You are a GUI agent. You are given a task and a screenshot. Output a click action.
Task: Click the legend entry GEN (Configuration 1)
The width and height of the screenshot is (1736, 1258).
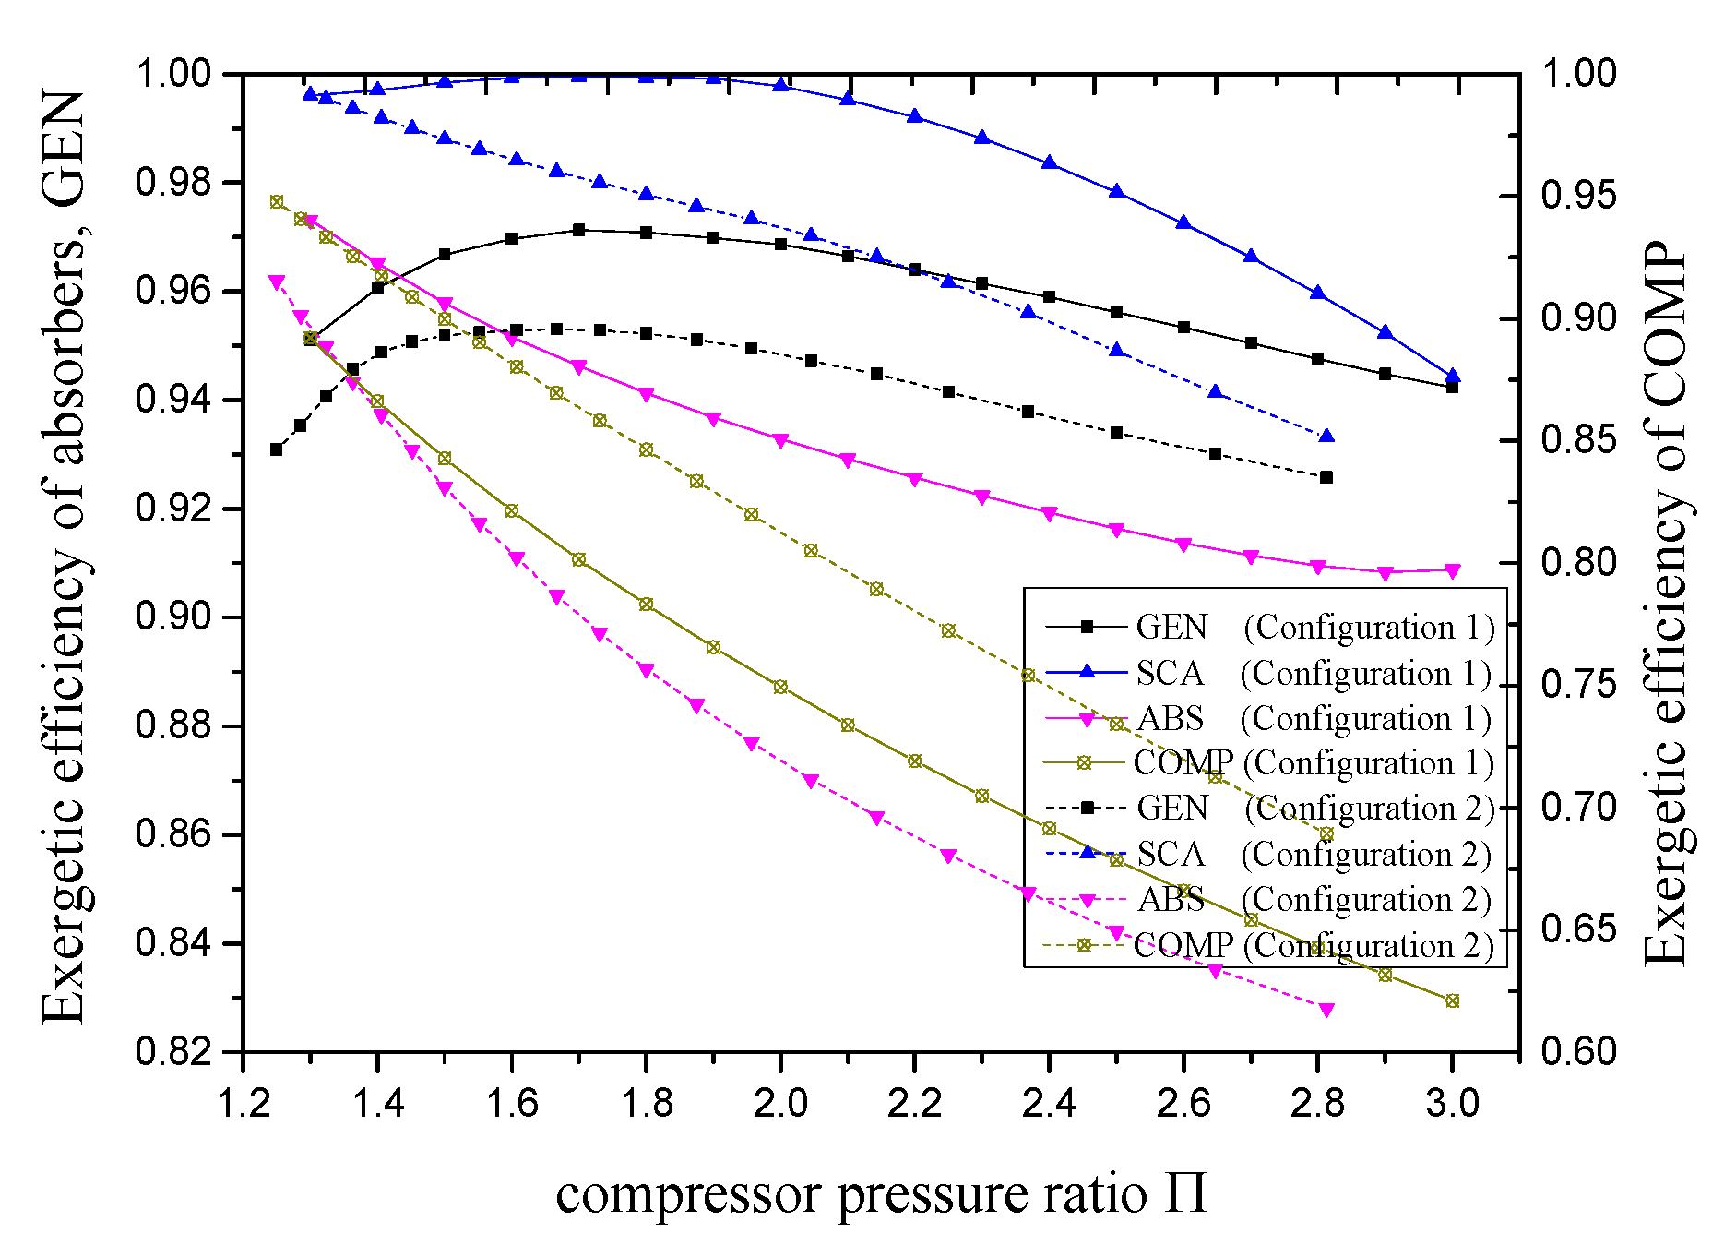tap(1269, 627)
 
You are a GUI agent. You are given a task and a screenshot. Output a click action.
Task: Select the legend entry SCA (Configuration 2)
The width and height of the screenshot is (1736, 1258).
tap(1269, 855)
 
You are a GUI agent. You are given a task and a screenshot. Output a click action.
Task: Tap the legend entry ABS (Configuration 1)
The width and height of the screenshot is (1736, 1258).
tap(1269, 718)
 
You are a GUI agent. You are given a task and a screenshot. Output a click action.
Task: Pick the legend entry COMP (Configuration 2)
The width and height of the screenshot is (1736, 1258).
tap(1269, 945)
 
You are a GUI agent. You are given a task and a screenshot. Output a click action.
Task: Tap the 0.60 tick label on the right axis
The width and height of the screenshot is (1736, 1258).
tap(1578, 1051)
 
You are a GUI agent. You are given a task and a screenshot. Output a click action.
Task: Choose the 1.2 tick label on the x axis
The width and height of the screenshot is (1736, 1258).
tap(243, 1104)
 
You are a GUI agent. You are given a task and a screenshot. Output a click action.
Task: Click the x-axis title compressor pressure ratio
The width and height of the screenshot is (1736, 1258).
tap(881, 1193)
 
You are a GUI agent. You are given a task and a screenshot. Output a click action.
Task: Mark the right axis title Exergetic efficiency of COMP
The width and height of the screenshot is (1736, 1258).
tap(1665, 605)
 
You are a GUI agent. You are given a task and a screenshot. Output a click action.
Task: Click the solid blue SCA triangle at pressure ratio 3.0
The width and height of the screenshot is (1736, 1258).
tap(1453, 376)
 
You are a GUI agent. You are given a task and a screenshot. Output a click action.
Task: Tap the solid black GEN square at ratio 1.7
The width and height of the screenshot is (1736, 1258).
tap(578, 230)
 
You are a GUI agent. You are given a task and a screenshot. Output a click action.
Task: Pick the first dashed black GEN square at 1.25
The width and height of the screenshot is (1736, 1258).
tap(276, 449)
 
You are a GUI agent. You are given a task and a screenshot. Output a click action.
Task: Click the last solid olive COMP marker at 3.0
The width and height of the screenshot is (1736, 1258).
tap(1453, 1000)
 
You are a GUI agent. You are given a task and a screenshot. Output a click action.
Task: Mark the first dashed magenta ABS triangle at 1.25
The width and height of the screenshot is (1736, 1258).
tap(276, 282)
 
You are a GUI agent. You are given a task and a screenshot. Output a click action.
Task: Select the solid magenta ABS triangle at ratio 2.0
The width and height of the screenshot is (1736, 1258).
tap(780, 441)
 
